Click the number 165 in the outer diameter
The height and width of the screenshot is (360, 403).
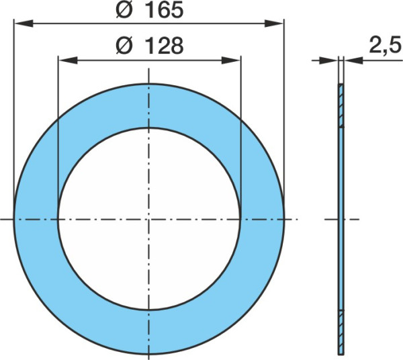click(165, 10)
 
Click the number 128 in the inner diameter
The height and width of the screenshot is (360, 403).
click(165, 46)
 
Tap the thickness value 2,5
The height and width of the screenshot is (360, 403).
click(386, 46)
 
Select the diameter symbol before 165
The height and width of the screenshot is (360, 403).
click(124, 10)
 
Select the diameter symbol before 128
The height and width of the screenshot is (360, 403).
click(124, 46)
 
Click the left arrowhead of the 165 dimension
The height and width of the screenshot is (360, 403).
click(24, 24)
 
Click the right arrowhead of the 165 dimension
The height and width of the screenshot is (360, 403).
click(274, 24)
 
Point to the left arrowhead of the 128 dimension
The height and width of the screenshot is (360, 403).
click(68, 60)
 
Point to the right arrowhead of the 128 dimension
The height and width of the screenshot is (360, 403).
click(231, 60)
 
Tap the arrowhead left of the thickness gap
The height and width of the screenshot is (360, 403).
click(328, 60)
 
